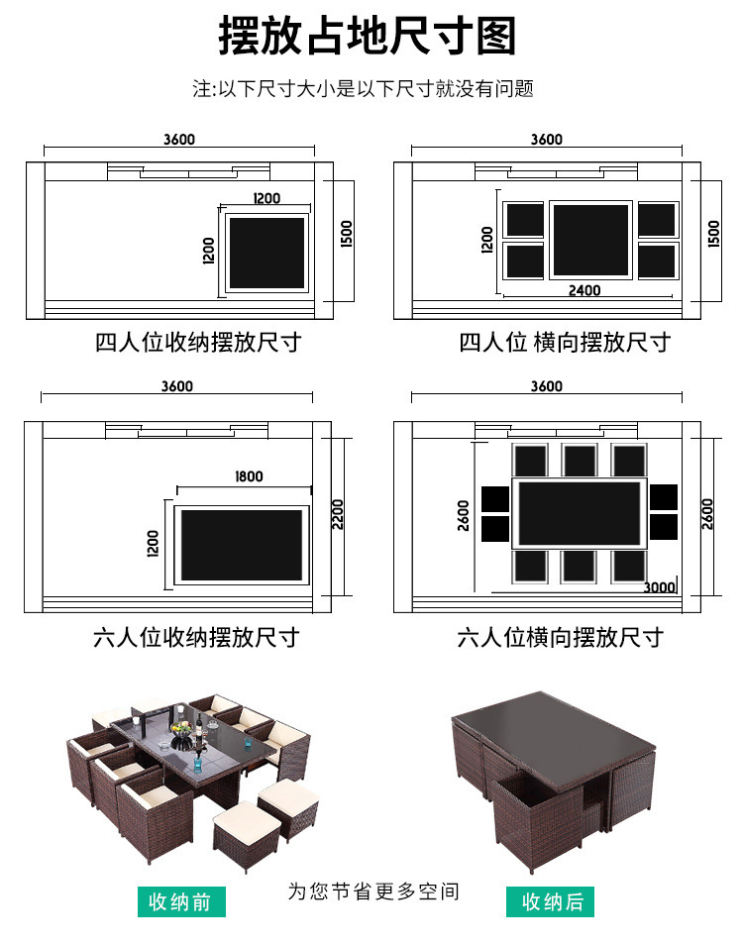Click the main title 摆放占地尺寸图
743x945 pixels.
[x=369, y=37]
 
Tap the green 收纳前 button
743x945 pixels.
[x=181, y=901]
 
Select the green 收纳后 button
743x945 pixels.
[x=551, y=901]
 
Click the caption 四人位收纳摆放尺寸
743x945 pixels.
[x=198, y=343]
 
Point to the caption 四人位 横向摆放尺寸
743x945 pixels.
[x=565, y=343]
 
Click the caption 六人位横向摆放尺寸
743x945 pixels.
[x=560, y=636]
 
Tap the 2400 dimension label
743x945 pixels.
[x=584, y=290]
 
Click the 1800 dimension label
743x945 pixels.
[x=249, y=476]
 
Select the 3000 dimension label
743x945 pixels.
[x=659, y=587]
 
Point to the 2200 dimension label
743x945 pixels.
[x=338, y=513]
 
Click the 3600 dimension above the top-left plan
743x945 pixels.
[x=179, y=140]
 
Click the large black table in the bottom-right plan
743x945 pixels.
[x=580, y=513]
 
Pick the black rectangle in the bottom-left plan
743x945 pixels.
[x=243, y=545]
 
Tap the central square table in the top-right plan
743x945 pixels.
[x=590, y=239]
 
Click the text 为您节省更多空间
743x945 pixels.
[x=373, y=891]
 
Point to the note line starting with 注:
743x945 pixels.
[x=363, y=89]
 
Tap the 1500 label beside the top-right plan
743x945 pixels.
[x=715, y=234]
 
